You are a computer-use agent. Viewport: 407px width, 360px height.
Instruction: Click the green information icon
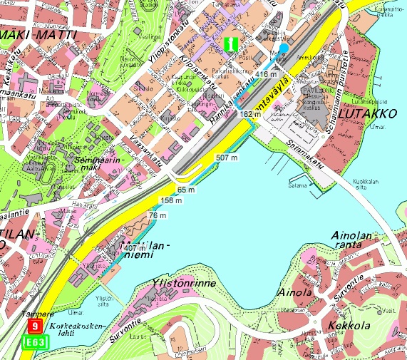coord(230,43)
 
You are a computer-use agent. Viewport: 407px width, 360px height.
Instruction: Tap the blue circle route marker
coord(284,48)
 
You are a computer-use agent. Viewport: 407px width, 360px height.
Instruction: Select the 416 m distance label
coord(266,74)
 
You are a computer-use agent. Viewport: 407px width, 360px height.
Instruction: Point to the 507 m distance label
coord(226,157)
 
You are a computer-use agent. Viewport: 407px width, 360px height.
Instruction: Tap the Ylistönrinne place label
coord(184,284)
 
